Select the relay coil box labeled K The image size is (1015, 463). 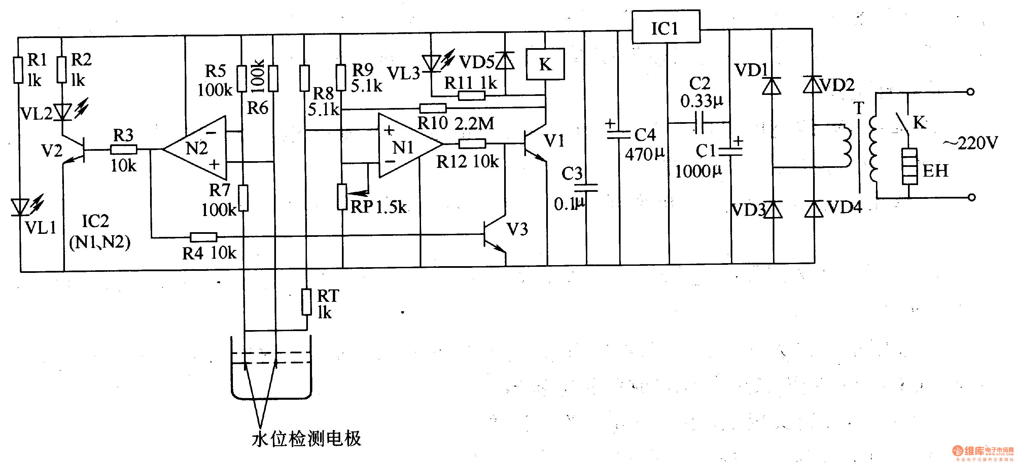click(x=545, y=64)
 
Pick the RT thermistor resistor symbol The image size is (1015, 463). click(x=307, y=302)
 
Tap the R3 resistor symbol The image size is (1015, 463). click(x=123, y=149)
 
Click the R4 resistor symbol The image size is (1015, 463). click(x=203, y=237)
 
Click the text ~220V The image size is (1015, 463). click(x=970, y=143)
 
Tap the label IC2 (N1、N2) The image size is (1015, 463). click(x=99, y=232)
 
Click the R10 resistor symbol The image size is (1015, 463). click(x=433, y=108)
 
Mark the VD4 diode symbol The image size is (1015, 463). click(x=813, y=209)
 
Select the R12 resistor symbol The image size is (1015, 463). click(x=472, y=143)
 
